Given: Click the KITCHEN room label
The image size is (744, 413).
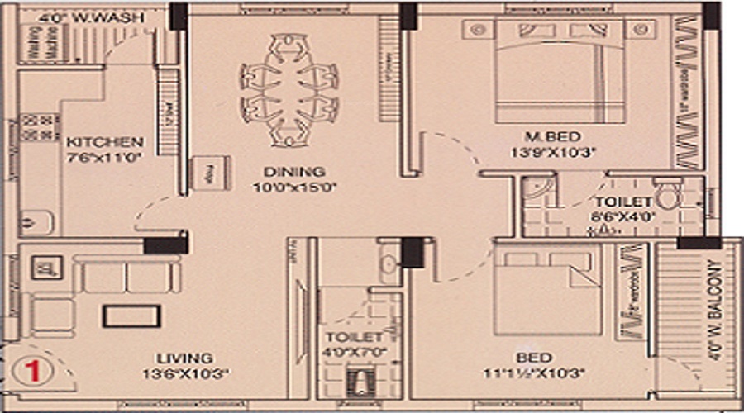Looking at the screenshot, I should click(x=105, y=141).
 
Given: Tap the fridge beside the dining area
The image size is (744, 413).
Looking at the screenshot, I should click(x=204, y=172).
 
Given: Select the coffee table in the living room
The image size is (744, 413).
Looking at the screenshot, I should click(x=131, y=316).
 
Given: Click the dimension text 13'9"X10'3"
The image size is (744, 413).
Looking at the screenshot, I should click(x=553, y=152).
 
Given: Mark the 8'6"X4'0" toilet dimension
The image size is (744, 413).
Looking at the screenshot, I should click(x=622, y=217).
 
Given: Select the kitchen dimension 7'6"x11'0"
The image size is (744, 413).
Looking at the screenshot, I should click(x=103, y=157).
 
